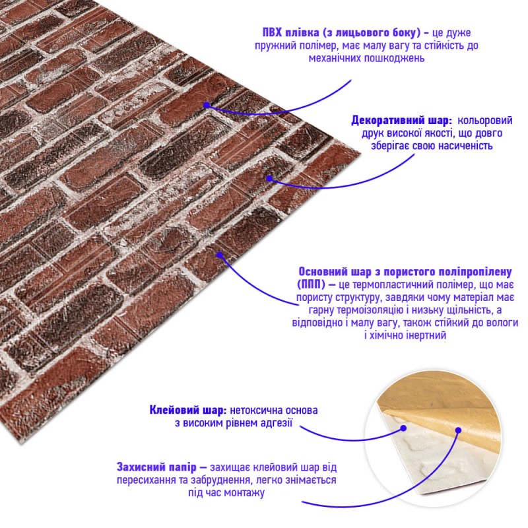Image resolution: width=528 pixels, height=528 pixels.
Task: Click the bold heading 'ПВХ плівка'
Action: (290, 32)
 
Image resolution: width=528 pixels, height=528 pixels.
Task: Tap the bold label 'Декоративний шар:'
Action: (401, 120)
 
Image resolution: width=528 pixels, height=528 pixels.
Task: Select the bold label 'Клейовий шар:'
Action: (188, 410)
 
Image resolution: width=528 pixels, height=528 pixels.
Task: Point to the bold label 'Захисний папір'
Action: (156, 467)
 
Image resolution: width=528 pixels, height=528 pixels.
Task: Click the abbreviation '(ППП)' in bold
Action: (312, 284)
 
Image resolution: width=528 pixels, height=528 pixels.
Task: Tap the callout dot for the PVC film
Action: (207, 105)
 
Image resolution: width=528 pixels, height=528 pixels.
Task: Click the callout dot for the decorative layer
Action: (269, 178)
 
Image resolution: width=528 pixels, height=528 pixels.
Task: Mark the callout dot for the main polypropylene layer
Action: (220, 255)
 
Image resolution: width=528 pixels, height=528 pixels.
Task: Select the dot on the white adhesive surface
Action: (403, 428)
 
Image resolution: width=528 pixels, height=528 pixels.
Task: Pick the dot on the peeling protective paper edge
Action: (458, 430)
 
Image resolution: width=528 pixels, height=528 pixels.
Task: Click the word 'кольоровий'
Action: (485, 120)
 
